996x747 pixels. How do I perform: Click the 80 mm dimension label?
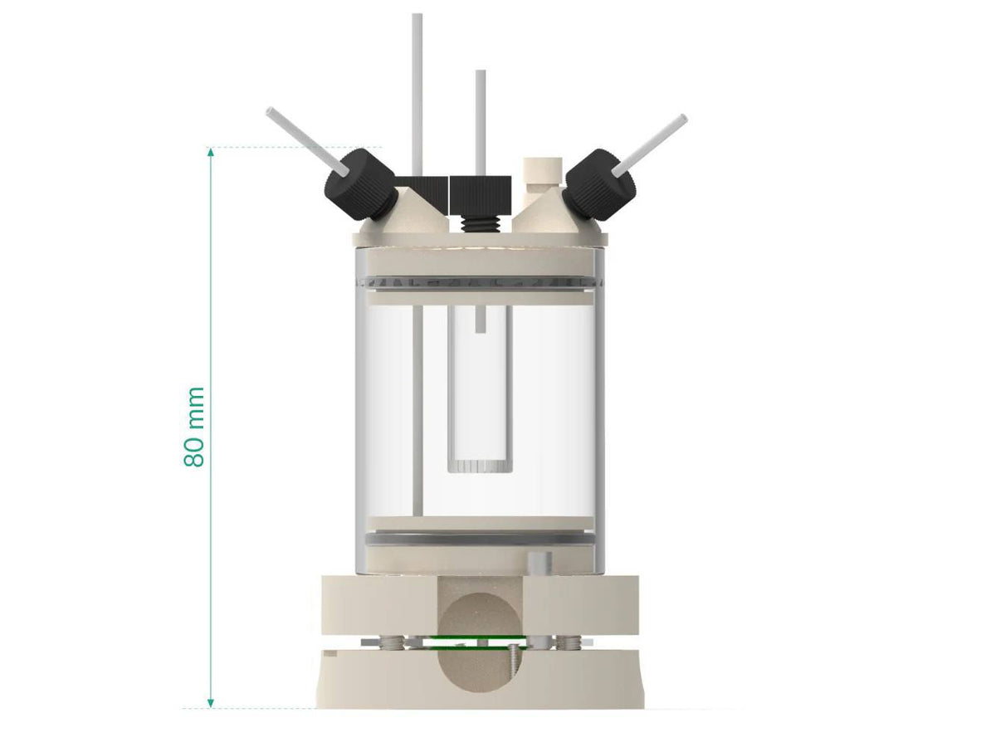(x=194, y=427)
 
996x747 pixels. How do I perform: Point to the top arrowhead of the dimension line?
(x=211, y=153)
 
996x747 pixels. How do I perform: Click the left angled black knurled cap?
(x=359, y=184)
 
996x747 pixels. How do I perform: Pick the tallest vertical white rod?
(x=417, y=91)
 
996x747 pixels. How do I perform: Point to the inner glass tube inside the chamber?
(x=480, y=390)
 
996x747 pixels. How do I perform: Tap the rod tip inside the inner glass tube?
(x=480, y=320)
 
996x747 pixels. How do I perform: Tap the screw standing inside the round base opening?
(x=514, y=664)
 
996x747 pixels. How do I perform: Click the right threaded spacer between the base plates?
(x=568, y=642)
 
